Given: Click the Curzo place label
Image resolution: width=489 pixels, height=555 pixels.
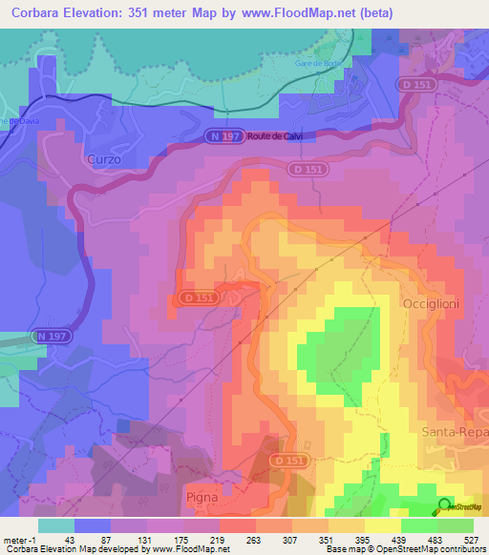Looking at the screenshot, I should tap(103, 159).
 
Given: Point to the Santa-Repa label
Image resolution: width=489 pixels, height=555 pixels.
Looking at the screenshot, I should tap(455, 432).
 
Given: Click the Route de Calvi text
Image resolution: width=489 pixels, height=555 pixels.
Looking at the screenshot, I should tap(276, 136).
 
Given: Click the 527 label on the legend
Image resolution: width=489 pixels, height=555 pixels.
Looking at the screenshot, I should tap(472, 540).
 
